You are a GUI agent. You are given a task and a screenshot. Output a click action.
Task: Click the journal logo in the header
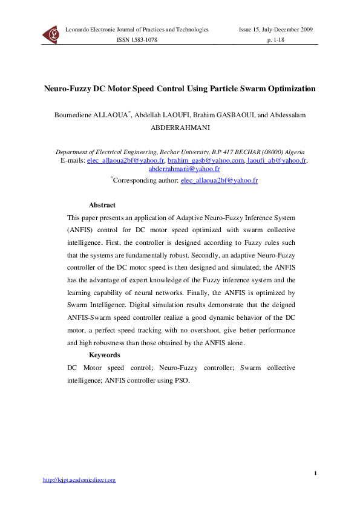pos(51,35)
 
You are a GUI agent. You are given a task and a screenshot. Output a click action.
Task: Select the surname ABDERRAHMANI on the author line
pos(180,128)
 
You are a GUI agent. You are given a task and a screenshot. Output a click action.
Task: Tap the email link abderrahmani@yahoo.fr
pos(180,170)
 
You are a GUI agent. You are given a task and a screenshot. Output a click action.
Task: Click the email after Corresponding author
pos(219,180)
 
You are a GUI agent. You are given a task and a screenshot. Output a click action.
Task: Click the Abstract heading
pos(102,206)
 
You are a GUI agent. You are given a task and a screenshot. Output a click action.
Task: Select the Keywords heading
pos(104,355)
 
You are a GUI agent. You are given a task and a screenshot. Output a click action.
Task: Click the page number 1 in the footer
pos(316,472)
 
